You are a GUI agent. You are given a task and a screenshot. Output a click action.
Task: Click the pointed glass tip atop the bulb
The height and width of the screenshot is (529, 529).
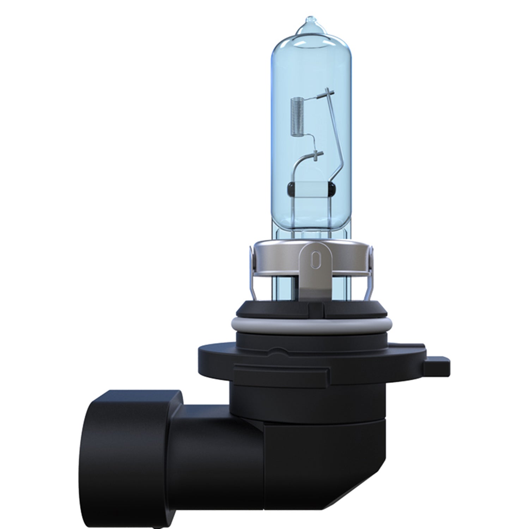(x=309, y=21)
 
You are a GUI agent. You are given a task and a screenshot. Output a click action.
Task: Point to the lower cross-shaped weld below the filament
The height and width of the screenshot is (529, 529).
(x=316, y=154)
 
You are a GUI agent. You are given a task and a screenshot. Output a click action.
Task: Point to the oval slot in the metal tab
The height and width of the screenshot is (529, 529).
(x=315, y=260)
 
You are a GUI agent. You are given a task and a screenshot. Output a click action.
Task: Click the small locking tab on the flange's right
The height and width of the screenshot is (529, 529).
(x=437, y=367)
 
